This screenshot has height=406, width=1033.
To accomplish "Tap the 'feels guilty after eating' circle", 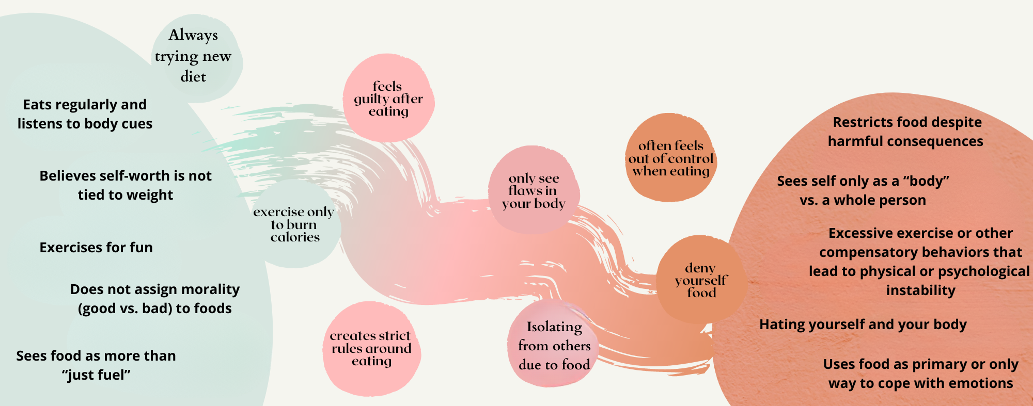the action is point(388,98).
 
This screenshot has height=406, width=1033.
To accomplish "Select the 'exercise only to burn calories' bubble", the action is point(294,224).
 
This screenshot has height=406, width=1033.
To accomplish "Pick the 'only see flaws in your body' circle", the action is point(534,190).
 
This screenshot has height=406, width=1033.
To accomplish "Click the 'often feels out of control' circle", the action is point(671,158).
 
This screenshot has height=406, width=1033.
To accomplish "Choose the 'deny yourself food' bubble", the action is point(701,280).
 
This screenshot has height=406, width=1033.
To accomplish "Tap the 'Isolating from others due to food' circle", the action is point(554,345).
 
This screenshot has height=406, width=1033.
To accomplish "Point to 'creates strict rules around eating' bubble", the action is point(371,348).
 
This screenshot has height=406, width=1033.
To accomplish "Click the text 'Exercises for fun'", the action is point(96,248).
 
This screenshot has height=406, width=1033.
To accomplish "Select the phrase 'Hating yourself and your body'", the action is point(863,324).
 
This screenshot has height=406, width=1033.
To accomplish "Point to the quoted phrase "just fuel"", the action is point(97,375).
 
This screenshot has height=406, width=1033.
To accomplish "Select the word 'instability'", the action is point(920,290).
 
